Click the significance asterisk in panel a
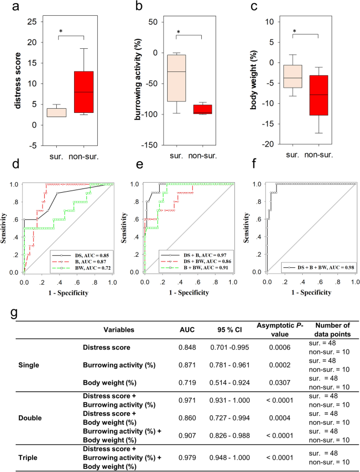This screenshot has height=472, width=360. (x=60, y=32)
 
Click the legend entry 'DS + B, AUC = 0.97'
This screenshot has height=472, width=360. (x=198, y=253)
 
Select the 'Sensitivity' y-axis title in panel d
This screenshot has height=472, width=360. (x=8, y=226)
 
